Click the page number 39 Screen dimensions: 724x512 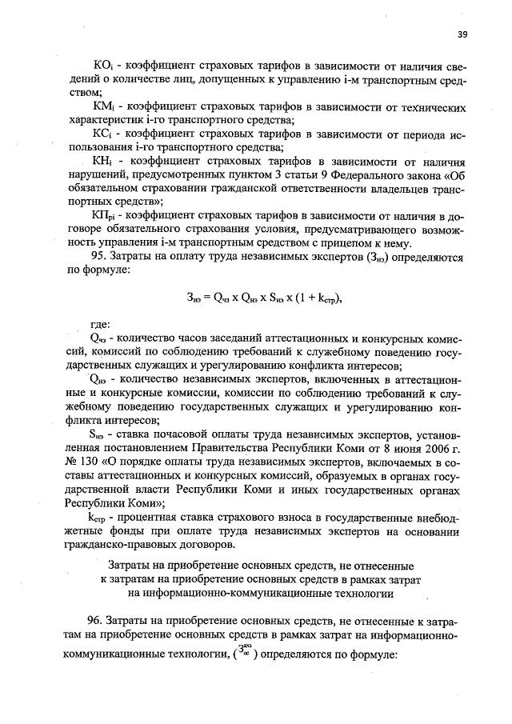pos(462,34)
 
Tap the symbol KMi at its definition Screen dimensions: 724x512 pos(105,106)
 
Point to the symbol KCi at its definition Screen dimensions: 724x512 pos(104,134)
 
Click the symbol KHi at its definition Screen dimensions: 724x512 pos(105,161)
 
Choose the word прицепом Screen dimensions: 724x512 pos(341,243)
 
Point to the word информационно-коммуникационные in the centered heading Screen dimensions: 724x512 pos(210,594)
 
